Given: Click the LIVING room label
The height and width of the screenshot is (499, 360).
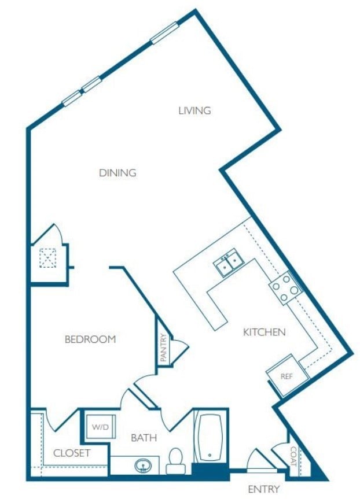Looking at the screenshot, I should (194, 110).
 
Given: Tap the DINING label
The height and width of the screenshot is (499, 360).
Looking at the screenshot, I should (117, 172).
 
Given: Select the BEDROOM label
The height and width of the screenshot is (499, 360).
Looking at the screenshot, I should (90, 339).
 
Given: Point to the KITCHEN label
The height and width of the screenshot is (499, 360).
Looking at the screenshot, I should (264, 332).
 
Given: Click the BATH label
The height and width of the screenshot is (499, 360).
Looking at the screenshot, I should (144, 438).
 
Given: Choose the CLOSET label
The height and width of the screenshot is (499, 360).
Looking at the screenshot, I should (72, 453).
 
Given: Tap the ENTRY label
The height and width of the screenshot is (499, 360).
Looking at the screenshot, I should (264, 489).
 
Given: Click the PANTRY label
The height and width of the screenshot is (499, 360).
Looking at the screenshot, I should (163, 348).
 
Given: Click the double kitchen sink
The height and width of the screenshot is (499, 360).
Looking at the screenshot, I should (229, 264).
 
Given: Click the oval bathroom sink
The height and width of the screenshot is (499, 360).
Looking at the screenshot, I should (143, 464).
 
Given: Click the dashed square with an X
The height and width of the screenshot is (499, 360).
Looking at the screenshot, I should (47, 257).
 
